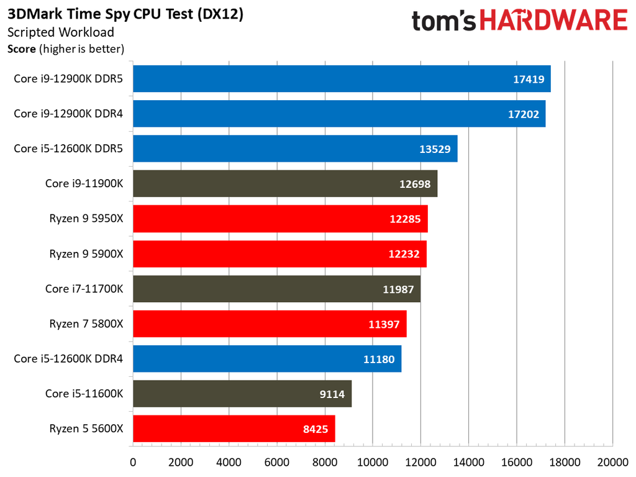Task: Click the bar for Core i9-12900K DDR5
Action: point(342,79)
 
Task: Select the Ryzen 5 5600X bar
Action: point(234,428)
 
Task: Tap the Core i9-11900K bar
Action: point(285,183)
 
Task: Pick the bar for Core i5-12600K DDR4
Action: point(267,359)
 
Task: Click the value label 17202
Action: point(522,114)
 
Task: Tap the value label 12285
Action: point(404,219)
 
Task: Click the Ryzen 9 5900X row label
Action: point(87,254)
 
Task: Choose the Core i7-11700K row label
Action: point(84,289)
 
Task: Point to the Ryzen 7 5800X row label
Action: point(87,323)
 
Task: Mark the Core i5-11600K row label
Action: point(84,394)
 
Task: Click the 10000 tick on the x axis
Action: point(373,462)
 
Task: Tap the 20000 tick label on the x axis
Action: point(612,462)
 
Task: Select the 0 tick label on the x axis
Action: point(133,462)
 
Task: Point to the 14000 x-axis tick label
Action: point(469,462)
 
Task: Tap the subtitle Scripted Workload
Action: point(60,32)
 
